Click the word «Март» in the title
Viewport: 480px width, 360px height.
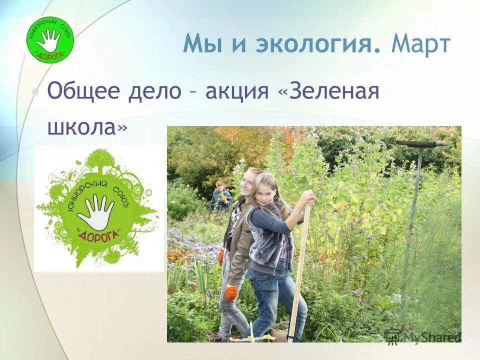point(421,44)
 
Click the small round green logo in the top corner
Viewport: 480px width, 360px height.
point(49,40)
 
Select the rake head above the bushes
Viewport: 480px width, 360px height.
point(421,143)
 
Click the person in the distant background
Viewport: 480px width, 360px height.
point(220,196)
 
